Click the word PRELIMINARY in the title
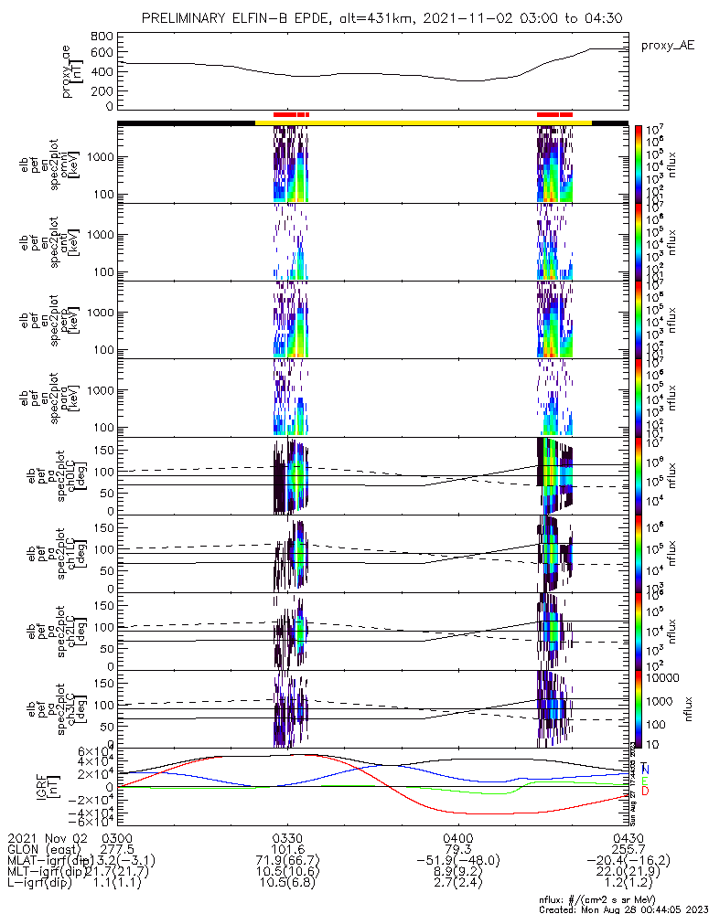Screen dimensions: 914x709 (x=187, y=18)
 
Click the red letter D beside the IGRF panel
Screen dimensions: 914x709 (x=645, y=792)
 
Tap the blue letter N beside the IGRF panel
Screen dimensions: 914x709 (x=645, y=769)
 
